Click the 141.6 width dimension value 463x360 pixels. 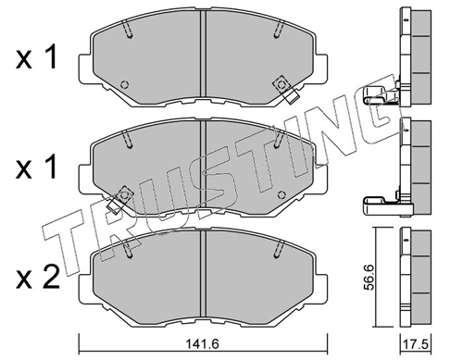203,343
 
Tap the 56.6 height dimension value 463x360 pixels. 369,277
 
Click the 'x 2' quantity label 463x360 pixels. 37,279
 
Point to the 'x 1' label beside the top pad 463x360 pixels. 36,56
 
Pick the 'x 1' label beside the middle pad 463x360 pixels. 36,167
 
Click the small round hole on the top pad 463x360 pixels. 125,84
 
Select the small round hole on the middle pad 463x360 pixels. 282,195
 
